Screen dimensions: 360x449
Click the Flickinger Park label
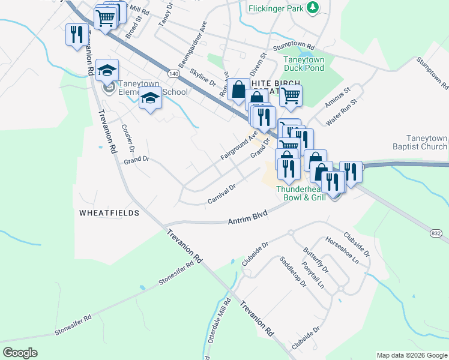[x=275, y=8]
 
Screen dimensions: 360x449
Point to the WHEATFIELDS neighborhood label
[x=109, y=213]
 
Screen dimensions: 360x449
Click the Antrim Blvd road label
[x=247, y=221]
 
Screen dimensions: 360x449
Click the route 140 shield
[x=173, y=73]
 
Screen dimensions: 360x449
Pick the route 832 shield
[x=437, y=232]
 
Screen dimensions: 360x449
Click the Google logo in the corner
[x=20, y=353]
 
